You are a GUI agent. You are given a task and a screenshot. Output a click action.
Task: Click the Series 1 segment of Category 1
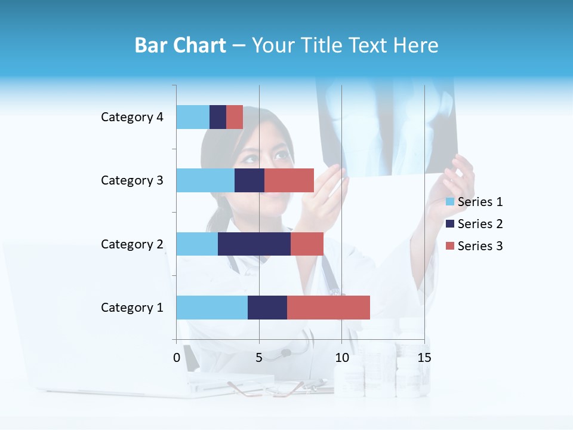tap(212, 308)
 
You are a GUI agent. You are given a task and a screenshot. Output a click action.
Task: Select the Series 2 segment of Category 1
tap(267, 308)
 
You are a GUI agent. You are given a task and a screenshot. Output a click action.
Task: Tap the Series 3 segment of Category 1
tap(328, 308)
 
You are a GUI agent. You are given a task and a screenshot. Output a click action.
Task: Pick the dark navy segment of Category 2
tap(254, 244)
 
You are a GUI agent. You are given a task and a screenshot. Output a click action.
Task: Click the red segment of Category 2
tap(307, 244)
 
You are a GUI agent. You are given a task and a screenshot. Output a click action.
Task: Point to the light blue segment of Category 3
tap(205, 180)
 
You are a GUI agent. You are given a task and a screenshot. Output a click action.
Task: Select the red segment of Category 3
tap(289, 180)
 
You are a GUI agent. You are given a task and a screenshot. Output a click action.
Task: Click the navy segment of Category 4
tap(218, 117)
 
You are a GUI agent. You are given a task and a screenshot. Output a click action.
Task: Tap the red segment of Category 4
tap(235, 117)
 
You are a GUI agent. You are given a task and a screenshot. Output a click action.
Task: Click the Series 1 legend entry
tap(474, 202)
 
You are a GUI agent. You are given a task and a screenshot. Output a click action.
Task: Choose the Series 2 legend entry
tap(474, 224)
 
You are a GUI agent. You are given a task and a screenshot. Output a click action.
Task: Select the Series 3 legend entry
tap(474, 246)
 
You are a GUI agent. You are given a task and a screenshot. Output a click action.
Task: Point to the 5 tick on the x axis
tap(259, 358)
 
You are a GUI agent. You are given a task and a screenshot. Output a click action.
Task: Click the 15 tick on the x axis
tap(424, 358)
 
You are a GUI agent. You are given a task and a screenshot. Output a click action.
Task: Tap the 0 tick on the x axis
tap(177, 358)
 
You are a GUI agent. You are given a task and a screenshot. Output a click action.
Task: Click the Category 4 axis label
tap(132, 117)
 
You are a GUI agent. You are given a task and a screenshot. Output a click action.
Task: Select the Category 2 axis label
tap(132, 244)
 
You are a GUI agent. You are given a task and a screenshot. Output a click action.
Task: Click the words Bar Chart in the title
tap(180, 45)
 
